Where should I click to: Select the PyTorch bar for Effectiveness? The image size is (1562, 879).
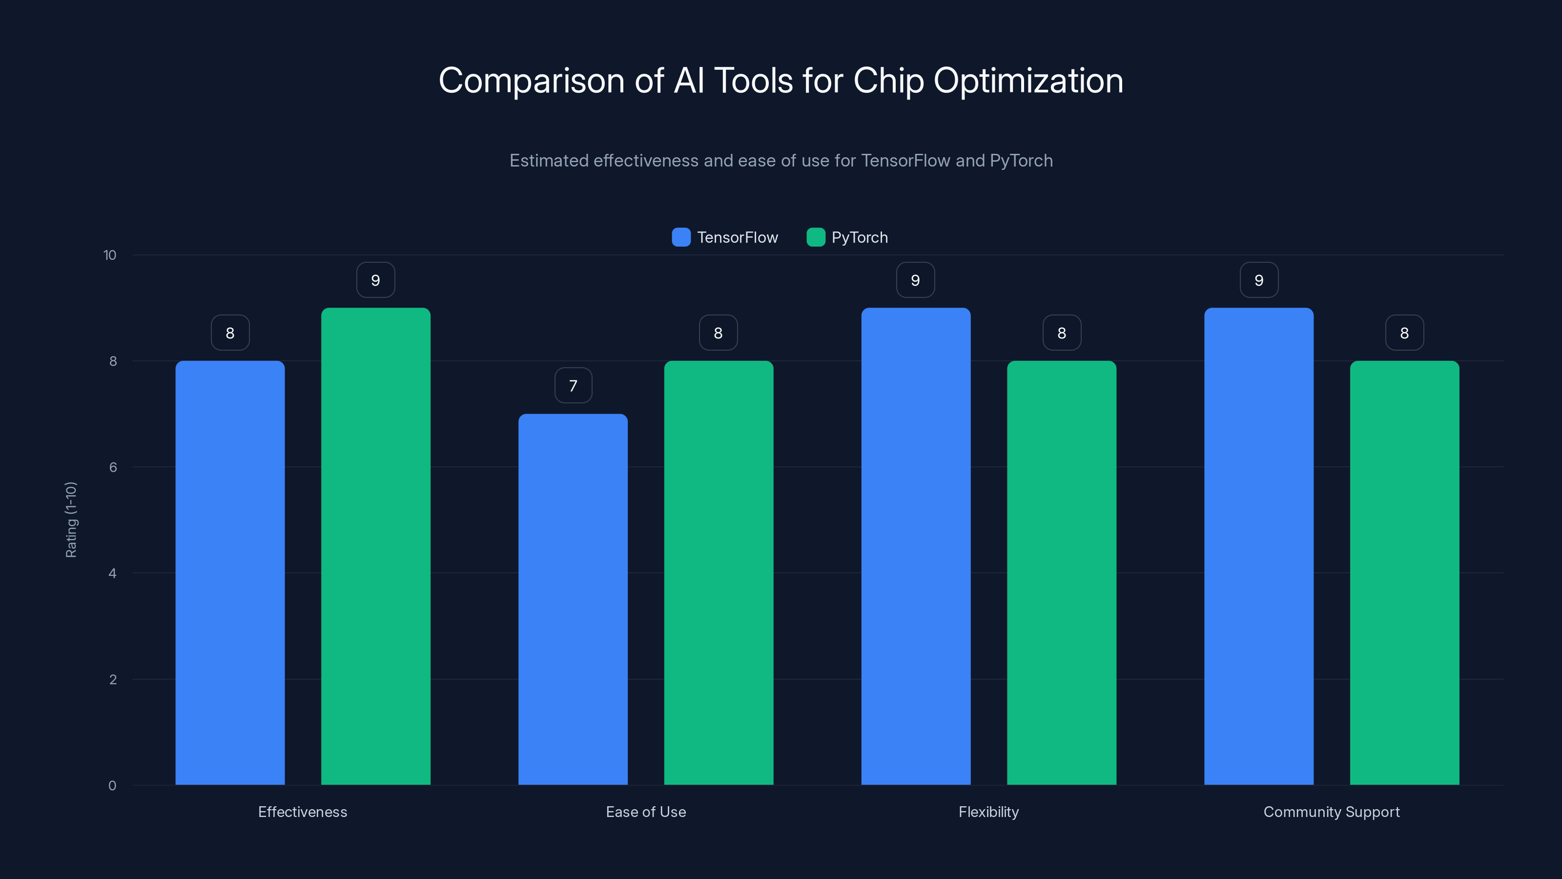[375, 546]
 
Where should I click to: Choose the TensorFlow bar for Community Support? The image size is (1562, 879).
[1258, 546]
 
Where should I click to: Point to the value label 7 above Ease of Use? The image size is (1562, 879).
[573, 386]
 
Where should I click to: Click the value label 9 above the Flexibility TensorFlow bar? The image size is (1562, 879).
[915, 280]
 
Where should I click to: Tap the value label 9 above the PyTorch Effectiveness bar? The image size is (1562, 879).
[375, 280]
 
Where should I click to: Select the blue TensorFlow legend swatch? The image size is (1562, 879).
[681, 237]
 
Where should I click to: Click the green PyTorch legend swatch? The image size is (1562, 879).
[816, 237]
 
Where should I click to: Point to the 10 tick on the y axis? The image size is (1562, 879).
[110, 255]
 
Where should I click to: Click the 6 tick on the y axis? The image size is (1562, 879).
[113, 467]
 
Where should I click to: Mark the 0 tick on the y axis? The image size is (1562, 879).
[112, 786]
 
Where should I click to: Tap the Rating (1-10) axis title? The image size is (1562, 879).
[71, 520]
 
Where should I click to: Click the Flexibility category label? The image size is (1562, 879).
[988, 812]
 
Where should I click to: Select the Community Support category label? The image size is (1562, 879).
[1332, 812]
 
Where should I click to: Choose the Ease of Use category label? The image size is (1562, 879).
[646, 812]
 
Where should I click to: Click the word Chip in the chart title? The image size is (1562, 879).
[888, 81]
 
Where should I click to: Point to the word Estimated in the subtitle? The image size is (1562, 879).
[549, 161]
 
